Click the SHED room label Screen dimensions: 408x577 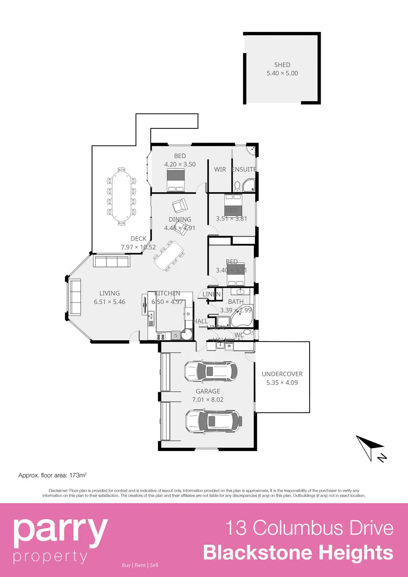[x=282, y=65]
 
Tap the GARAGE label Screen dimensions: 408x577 [x=208, y=391]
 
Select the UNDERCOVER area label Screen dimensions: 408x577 [x=282, y=374]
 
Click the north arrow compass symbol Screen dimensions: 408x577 [x=371, y=448]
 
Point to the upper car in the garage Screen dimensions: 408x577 [x=211, y=371]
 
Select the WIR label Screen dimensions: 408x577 [x=220, y=169]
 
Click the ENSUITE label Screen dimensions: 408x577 [x=244, y=169]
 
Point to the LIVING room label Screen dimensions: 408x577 [x=110, y=293]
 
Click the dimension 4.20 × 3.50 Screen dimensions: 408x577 [x=180, y=164]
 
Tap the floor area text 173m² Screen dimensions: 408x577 [x=78, y=475]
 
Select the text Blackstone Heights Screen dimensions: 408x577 [x=298, y=553]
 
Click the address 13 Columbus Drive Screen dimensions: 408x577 [x=309, y=528]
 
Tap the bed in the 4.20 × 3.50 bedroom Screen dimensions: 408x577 [x=176, y=180]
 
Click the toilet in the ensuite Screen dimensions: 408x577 [x=237, y=186]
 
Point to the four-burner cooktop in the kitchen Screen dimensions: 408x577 [x=161, y=336]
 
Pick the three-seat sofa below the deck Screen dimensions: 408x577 [x=111, y=261]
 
